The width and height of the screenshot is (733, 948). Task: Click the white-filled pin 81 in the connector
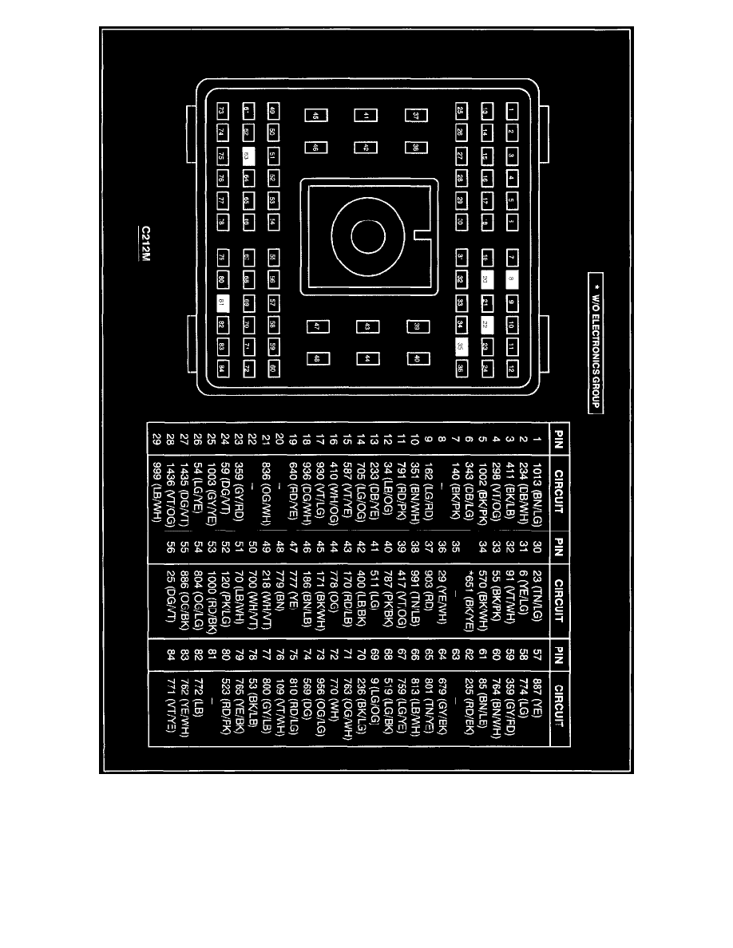pos(223,302)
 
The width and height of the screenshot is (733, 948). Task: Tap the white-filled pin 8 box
pos(511,279)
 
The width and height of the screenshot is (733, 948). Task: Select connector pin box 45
pos(316,116)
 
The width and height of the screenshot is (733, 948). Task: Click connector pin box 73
pos(223,110)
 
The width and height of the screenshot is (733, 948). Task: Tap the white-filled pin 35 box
pos(461,346)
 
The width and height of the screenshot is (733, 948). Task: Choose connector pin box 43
pos(367,326)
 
